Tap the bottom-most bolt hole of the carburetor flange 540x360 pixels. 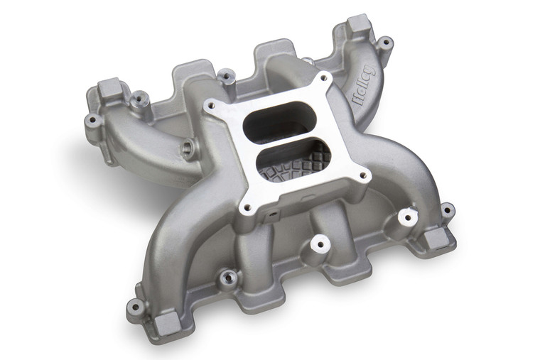click(x=247, y=208)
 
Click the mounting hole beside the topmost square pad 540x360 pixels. click(x=384, y=43)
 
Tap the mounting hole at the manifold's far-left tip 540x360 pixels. click(x=93, y=121)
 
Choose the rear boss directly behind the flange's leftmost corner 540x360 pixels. click(x=226, y=74)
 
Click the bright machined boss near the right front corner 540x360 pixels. click(x=406, y=217)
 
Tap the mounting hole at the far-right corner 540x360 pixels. click(x=447, y=210)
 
